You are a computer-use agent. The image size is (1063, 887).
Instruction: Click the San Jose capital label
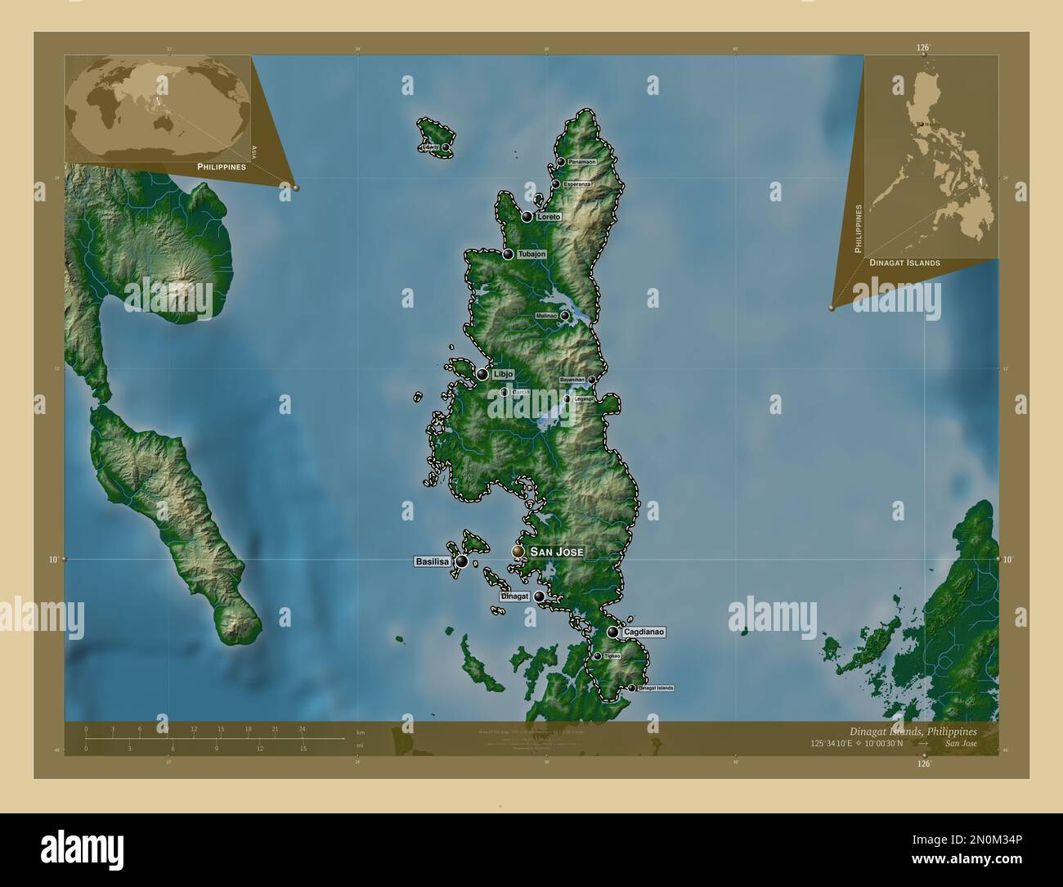(x=557, y=552)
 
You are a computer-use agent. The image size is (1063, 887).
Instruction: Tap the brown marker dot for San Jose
(x=518, y=552)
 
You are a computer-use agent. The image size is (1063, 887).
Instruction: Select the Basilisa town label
(x=431, y=562)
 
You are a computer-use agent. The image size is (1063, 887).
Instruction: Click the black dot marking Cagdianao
(x=612, y=632)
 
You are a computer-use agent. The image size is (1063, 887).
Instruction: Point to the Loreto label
(x=549, y=217)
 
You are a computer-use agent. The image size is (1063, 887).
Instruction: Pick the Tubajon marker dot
(x=508, y=254)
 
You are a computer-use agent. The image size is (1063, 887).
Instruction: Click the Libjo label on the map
(x=504, y=374)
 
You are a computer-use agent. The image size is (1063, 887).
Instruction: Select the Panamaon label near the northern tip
(x=581, y=162)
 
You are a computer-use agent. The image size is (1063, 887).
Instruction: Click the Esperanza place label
(x=577, y=184)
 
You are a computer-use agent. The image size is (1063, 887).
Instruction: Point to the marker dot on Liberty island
(x=446, y=147)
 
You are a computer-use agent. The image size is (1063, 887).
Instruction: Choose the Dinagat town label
(x=515, y=597)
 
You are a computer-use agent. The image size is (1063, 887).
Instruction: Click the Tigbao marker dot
(x=598, y=656)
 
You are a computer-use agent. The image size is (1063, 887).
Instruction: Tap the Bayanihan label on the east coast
(x=572, y=380)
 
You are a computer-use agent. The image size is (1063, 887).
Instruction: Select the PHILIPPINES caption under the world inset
(x=222, y=166)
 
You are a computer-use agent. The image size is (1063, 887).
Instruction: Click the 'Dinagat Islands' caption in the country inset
(x=904, y=263)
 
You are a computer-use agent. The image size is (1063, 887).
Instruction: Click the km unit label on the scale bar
(x=361, y=732)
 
